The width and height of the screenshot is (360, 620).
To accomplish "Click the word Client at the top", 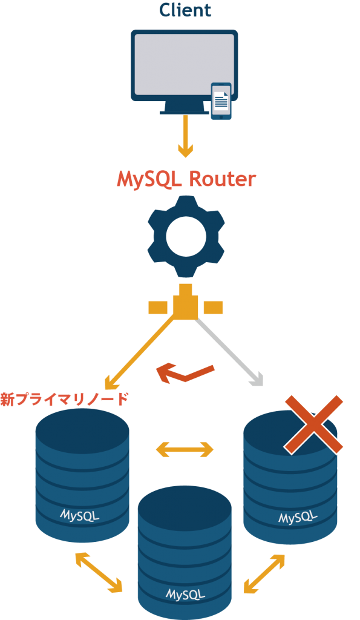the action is pyautogui.click(x=185, y=10).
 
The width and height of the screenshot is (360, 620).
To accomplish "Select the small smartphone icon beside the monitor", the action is pyautogui.click(x=221, y=101).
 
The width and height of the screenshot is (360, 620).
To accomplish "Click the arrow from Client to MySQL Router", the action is pyautogui.click(x=185, y=136).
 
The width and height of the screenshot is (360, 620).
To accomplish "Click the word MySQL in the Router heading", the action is pyautogui.click(x=149, y=180).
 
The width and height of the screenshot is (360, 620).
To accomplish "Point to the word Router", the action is pyautogui.click(x=222, y=179).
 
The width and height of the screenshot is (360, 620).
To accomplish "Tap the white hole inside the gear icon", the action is pyautogui.click(x=186, y=237).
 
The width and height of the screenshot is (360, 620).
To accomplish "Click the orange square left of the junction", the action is pyautogui.click(x=158, y=307).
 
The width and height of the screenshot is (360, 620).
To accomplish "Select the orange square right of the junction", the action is pyautogui.click(x=213, y=307).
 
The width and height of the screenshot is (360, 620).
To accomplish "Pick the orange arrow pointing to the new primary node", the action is pyautogui.click(x=140, y=352).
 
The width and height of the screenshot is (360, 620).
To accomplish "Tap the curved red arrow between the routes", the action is pyautogui.click(x=185, y=373).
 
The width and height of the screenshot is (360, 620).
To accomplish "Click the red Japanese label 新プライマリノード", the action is pyautogui.click(x=64, y=400).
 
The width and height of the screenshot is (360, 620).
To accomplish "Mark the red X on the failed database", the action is pyautogui.click(x=313, y=424).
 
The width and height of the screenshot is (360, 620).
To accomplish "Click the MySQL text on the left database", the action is pyautogui.click(x=79, y=515).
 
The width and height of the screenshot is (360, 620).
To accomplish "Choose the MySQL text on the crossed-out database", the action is pyautogui.click(x=298, y=516).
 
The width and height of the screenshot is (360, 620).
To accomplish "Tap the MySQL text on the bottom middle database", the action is pyautogui.click(x=185, y=594).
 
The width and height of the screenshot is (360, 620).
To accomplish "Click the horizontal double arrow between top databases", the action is pyautogui.click(x=185, y=450).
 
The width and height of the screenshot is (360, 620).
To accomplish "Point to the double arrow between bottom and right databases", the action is pyautogui.click(x=264, y=574).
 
